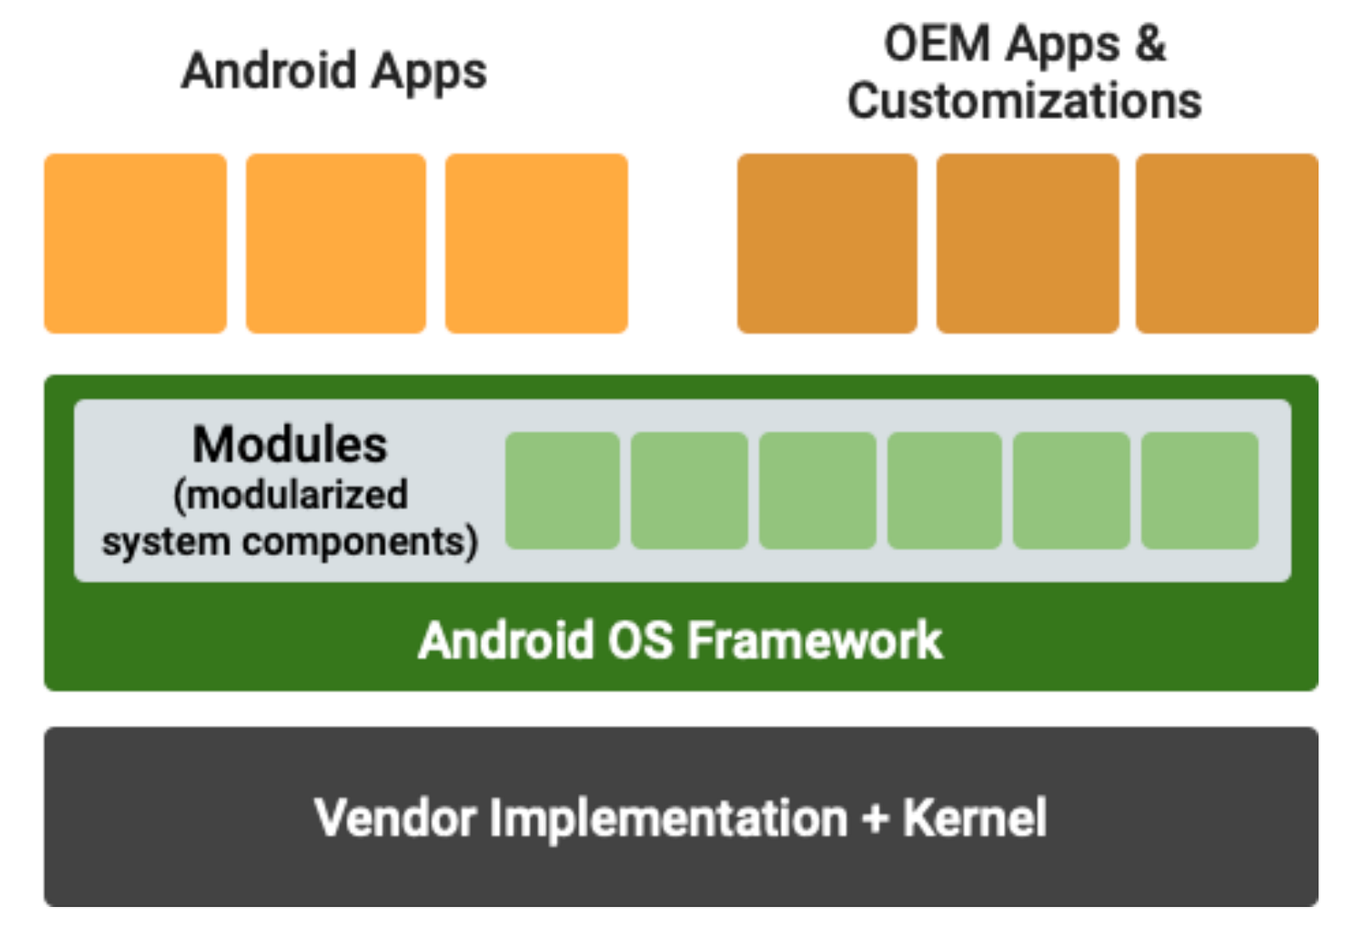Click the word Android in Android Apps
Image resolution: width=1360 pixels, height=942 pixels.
tap(269, 71)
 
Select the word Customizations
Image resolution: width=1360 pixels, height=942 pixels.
tap(1024, 100)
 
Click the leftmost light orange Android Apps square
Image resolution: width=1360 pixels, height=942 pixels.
tap(135, 243)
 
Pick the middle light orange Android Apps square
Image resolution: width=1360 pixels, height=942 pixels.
tap(336, 243)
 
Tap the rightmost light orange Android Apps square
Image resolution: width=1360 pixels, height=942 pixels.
tap(536, 243)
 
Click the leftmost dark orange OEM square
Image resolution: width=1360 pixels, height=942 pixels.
tap(828, 243)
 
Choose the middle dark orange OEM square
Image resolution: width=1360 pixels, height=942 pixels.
tap(1028, 243)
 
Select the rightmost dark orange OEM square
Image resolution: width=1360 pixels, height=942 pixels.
tap(1227, 243)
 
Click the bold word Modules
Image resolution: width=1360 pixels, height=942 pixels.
tap(290, 444)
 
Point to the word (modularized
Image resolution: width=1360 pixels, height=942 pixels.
tap(291, 495)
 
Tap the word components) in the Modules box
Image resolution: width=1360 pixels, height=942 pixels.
tap(360, 542)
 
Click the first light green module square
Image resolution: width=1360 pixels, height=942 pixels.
tap(563, 491)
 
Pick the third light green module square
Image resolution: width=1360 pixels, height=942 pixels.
tap(818, 491)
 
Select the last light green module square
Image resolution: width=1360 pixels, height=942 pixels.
tap(1199, 491)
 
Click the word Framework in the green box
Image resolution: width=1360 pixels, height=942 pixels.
tap(815, 640)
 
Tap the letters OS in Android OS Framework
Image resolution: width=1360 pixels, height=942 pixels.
tap(641, 640)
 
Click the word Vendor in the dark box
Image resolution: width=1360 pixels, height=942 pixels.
tap(394, 818)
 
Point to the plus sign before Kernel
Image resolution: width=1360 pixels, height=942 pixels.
tap(875, 818)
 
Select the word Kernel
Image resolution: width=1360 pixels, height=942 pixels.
tap(974, 818)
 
